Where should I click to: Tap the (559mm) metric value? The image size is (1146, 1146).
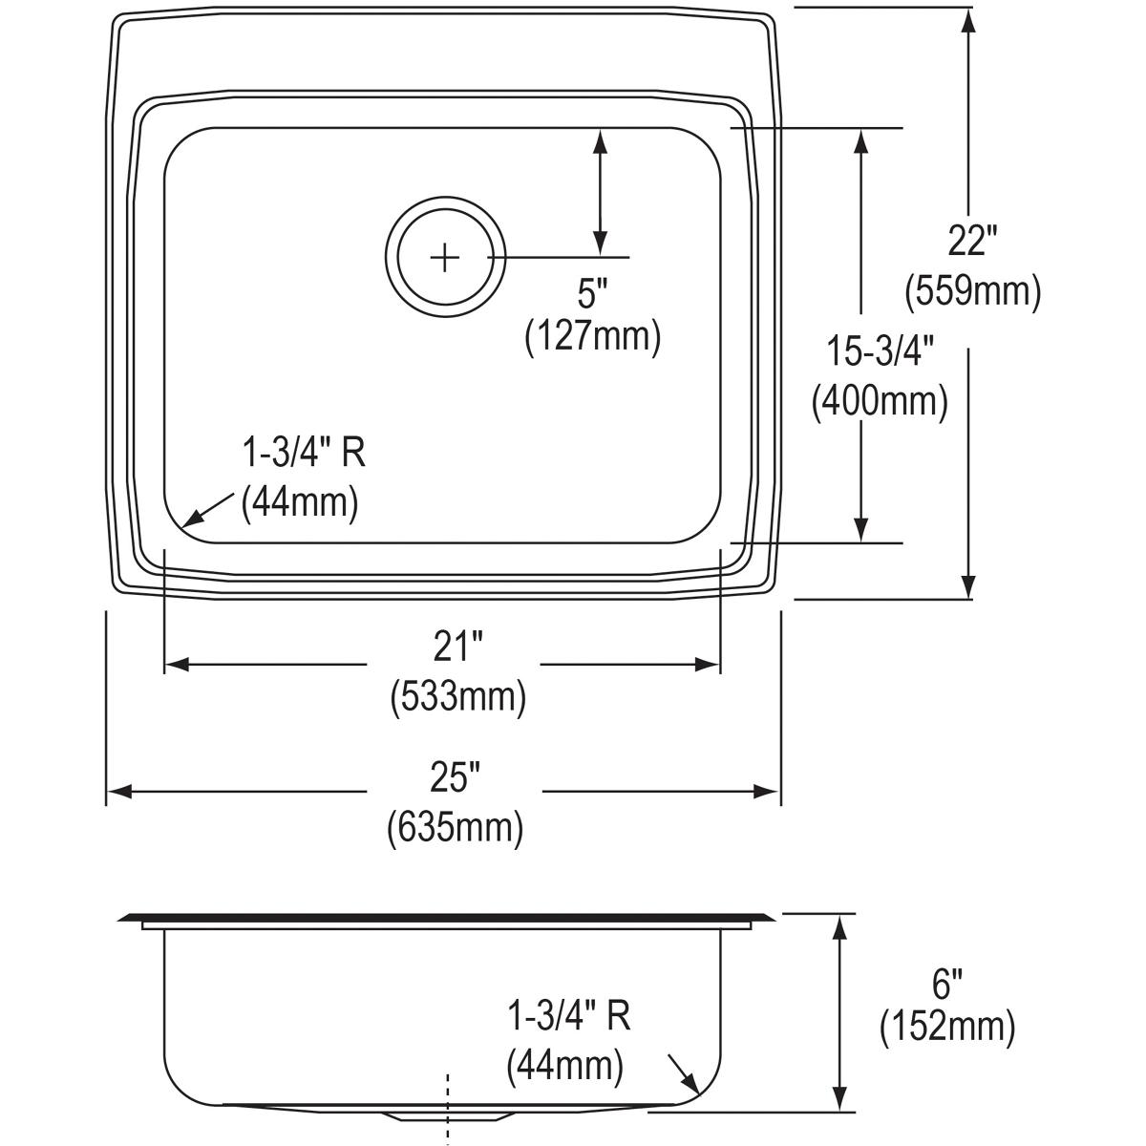pyautogui.click(x=972, y=290)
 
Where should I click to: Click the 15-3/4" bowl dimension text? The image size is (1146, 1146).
pyautogui.click(x=879, y=352)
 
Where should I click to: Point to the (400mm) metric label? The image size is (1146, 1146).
pyautogui.click(x=879, y=401)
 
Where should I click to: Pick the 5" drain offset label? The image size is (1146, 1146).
pyautogui.click(x=592, y=293)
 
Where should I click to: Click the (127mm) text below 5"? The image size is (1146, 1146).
pyautogui.click(x=592, y=337)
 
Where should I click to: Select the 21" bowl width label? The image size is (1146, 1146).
pyautogui.click(x=456, y=650)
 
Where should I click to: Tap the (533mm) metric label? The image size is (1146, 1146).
pyautogui.click(x=457, y=697)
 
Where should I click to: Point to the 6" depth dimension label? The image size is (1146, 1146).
pyautogui.click(x=946, y=981)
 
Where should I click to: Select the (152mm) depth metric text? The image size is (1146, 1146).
pyautogui.click(x=946, y=1028)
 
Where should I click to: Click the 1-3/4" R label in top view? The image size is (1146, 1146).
pyautogui.click(x=303, y=453)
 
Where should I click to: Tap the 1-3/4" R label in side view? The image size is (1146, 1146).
pyautogui.click(x=568, y=1017)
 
